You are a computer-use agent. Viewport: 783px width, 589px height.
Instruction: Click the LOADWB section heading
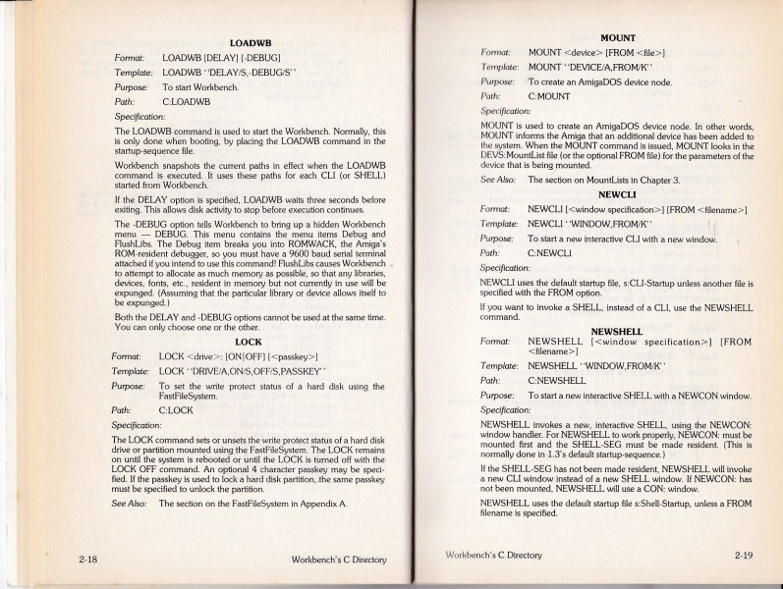pyautogui.click(x=249, y=43)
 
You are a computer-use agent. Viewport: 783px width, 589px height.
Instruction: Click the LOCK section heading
pyautogui.click(x=249, y=342)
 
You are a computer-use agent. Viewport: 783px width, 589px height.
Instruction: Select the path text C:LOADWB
pyautogui.click(x=186, y=100)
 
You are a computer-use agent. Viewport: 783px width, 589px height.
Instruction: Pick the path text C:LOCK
pyautogui.click(x=177, y=411)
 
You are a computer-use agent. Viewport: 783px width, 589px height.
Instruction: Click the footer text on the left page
pyautogui.click(x=339, y=561)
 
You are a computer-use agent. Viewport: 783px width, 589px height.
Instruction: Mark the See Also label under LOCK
pyautogui.click(x=131, y=503)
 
